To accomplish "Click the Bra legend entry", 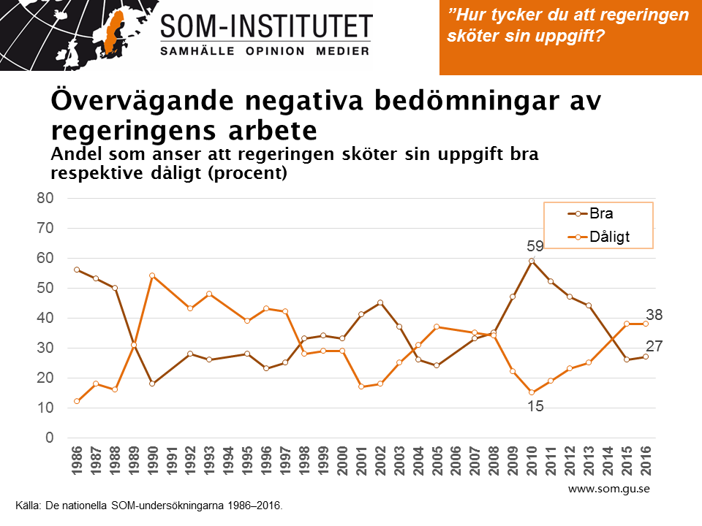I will coord(600,214).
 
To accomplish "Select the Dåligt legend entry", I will coord(609,237).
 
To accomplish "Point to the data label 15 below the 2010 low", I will coord(535,406).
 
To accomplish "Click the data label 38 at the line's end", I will coord(654,316).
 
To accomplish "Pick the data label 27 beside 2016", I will coord(654,346).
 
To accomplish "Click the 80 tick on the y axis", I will coord(45,198).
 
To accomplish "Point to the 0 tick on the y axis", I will coord(50,438).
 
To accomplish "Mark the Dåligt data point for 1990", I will coord(153,275).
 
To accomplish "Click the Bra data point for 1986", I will coord(77,270).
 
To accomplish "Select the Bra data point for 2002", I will coord(380,302).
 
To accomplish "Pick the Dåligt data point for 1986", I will coord(77,401).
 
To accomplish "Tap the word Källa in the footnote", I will coord(30,504).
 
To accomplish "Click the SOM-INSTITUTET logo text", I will coord(266,27).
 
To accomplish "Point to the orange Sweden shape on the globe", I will coord(111,33).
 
